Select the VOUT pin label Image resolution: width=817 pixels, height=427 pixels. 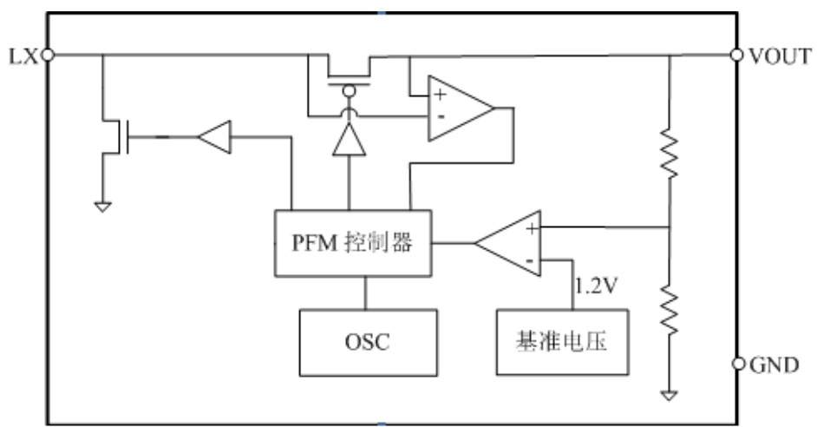tap(778, 56)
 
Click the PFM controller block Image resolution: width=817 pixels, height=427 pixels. tap(353, 243)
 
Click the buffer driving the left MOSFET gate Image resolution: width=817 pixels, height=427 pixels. tap(213, 136)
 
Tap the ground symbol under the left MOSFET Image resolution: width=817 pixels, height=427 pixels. tap(102, 207)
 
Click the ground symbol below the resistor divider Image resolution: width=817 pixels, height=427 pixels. tap(670, 396)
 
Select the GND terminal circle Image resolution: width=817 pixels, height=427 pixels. tap(738, 363)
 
